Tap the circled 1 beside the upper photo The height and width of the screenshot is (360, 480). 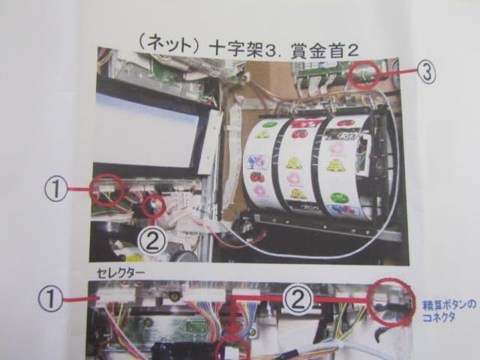(56, 189)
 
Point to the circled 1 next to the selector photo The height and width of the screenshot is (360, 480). (50, 298)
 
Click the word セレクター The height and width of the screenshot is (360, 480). (120, 273)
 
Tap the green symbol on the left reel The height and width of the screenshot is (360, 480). (268, 124)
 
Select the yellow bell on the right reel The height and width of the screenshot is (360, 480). (334, 166)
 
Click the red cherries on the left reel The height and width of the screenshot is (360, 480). (257, 176)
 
